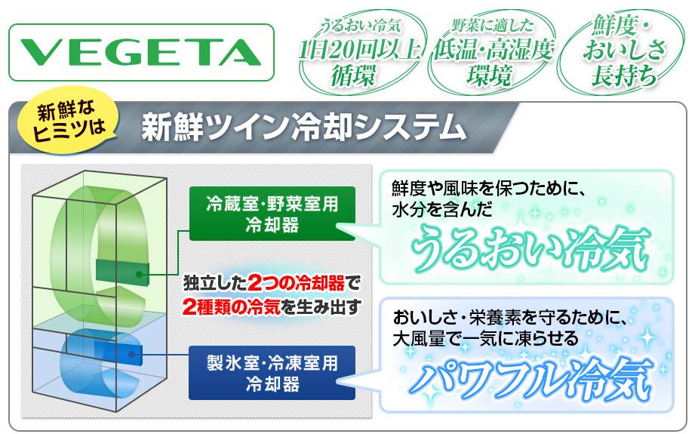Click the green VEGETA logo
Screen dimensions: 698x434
click(140, 52)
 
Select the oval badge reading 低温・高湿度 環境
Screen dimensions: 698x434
click(492, 54)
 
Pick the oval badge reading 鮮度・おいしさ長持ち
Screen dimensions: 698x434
click(623, 53)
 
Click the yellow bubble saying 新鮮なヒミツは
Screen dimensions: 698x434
click(68, 120)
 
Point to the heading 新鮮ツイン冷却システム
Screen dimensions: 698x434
click(303, 128)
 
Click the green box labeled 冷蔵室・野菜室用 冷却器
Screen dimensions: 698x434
click(272, 214)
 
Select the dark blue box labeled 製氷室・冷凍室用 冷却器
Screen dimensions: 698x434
click(272, 373)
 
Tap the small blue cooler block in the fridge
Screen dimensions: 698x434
click(118, 352)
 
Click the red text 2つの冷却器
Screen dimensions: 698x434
click(296, 283)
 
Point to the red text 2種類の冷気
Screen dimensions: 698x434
click(231, 306)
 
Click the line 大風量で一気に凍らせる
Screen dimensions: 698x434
click(485, 339)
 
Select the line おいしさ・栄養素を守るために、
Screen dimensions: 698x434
click(510, 318)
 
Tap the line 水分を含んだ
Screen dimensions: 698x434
click(442, 209)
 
